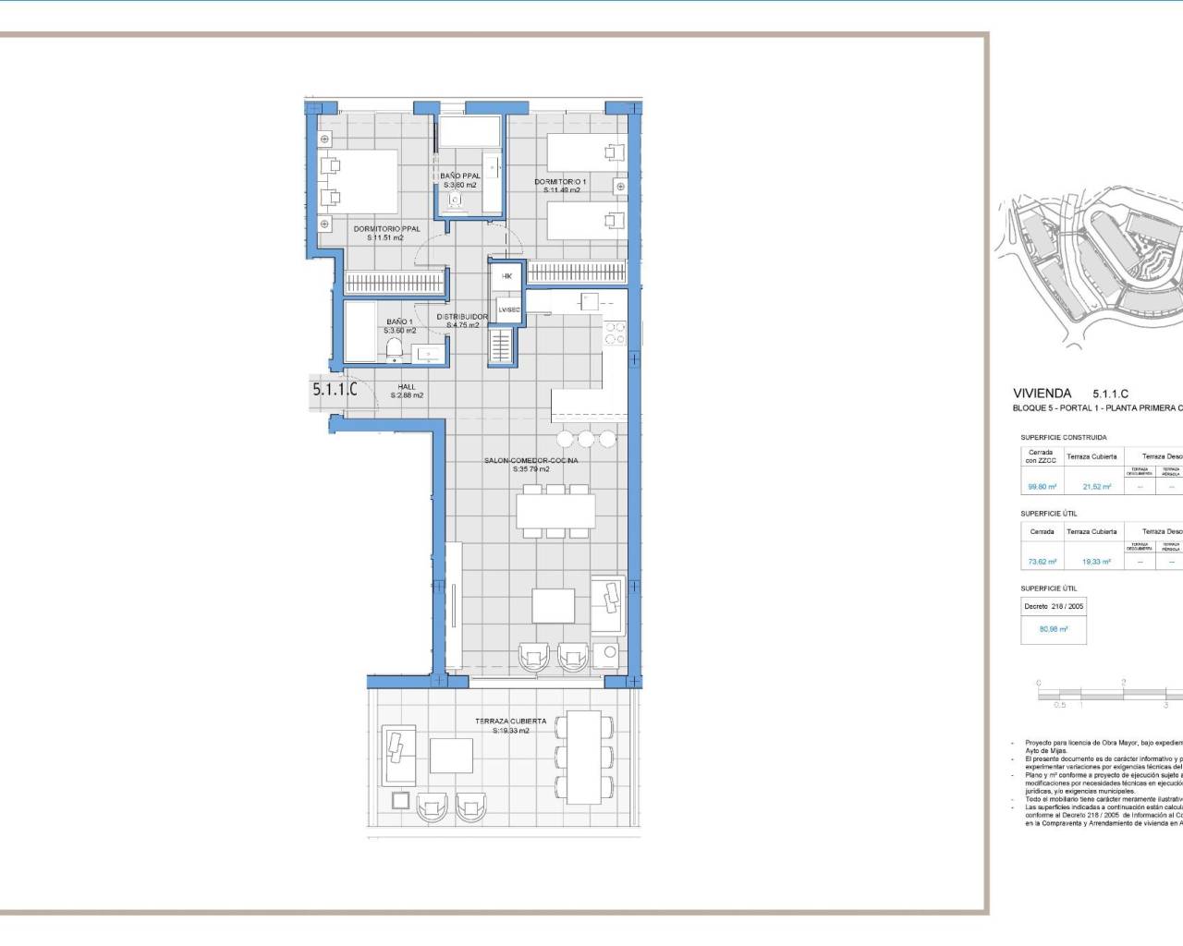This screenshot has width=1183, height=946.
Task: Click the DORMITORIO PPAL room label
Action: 386,229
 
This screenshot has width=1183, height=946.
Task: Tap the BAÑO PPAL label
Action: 459,176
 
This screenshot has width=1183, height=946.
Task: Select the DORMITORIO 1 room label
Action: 560,182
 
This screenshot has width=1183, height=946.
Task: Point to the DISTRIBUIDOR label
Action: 462,317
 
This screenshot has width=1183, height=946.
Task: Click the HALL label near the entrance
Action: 407,387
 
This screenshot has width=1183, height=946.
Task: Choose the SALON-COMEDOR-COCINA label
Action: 531,460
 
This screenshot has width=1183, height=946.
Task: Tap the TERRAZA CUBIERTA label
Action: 510,722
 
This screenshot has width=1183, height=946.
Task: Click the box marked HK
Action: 506,276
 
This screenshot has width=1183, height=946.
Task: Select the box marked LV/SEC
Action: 508,310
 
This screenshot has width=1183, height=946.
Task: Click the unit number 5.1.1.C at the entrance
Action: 335,390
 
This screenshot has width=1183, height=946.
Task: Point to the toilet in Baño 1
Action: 395,348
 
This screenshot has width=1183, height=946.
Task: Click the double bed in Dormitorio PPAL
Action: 360,182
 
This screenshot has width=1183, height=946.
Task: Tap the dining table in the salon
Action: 555,509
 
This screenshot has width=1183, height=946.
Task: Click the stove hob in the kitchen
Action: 615,334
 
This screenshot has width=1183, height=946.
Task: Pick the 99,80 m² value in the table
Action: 1041,487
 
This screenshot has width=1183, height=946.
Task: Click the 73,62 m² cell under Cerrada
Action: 1041,562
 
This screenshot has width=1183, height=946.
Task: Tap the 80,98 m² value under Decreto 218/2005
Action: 1053,629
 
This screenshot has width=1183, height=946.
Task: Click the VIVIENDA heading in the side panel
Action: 1042,394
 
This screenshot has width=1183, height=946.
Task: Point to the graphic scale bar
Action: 1109,693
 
